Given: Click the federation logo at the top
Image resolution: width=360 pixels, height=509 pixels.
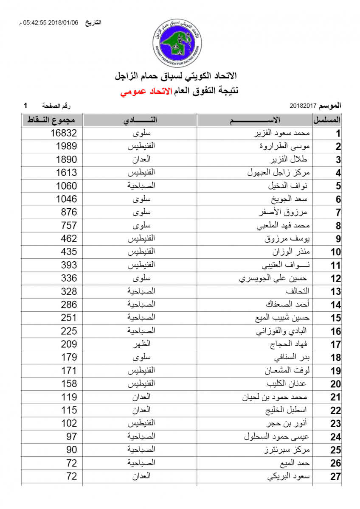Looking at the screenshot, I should coord(177,41).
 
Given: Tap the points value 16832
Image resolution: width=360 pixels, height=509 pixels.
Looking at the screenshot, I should coord(64,133).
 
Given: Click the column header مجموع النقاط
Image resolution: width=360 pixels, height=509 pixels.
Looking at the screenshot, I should coord(52,120).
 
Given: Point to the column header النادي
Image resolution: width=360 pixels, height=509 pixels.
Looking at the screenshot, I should coord(141,120).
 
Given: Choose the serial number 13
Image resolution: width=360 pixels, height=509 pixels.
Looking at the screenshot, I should coord(336,292).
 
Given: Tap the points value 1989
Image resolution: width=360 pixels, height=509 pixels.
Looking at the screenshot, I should coord(67,146).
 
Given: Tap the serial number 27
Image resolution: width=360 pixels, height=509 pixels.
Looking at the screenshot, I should coord(336,476).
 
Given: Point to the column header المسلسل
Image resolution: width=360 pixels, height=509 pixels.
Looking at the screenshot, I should coord(327,120).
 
